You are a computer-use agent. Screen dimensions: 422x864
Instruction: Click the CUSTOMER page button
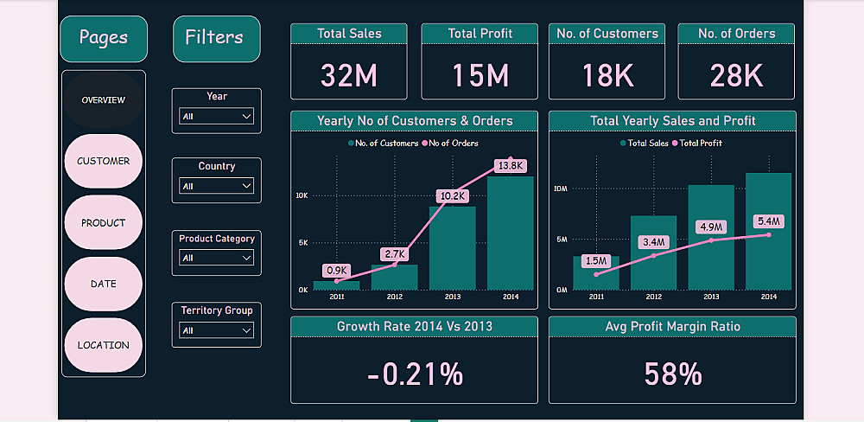tap(103, 161)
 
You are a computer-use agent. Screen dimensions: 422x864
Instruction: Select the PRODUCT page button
tap(103, 222)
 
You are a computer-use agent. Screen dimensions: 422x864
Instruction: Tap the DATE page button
tap(103, 284)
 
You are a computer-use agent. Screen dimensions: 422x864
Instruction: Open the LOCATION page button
tap(103, 345)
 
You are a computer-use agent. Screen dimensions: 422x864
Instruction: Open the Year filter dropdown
tap(216, 116)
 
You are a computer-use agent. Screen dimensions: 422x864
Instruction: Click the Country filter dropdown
tap(216, 186)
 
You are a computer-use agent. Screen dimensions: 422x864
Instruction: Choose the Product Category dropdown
tap(216, 258)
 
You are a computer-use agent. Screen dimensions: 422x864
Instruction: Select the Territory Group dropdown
tap(216, 330)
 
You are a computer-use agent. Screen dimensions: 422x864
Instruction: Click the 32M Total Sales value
tap(349, 75)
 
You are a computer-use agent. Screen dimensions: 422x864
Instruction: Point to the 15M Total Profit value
tap(480, 75)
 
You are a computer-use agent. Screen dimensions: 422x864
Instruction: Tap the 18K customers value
tap(607, 75)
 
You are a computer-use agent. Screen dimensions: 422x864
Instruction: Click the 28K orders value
tap(736, 75)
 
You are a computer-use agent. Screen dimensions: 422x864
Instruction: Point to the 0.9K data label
tap(336, 270)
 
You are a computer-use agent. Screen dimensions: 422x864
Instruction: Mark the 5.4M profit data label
tap(768, 221)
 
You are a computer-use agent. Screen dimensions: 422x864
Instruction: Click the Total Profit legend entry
tap(701, 144)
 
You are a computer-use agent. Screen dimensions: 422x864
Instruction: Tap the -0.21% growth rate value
tap(414, 374)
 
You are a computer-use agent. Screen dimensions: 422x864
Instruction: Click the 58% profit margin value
tap(672, 374)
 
